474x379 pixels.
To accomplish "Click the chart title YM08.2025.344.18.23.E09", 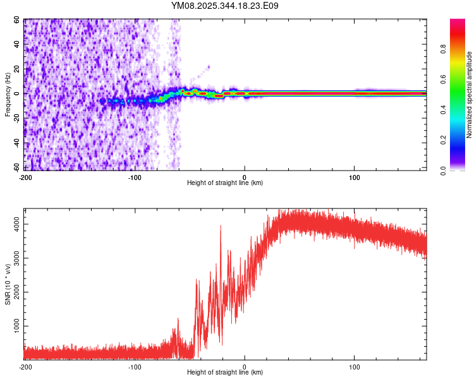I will pos(225,6).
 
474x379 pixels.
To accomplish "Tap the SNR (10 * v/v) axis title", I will pos(8,284).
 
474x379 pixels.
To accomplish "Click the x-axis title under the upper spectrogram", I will pos(225,183).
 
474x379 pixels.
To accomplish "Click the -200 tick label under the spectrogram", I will pos(25,176).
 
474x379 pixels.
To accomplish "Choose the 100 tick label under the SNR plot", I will pos(355,366).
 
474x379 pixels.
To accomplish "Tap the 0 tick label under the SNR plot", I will pos(245,366).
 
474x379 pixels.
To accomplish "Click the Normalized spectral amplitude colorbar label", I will pos(470,95).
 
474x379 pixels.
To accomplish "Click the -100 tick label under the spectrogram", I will pos(135,176).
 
